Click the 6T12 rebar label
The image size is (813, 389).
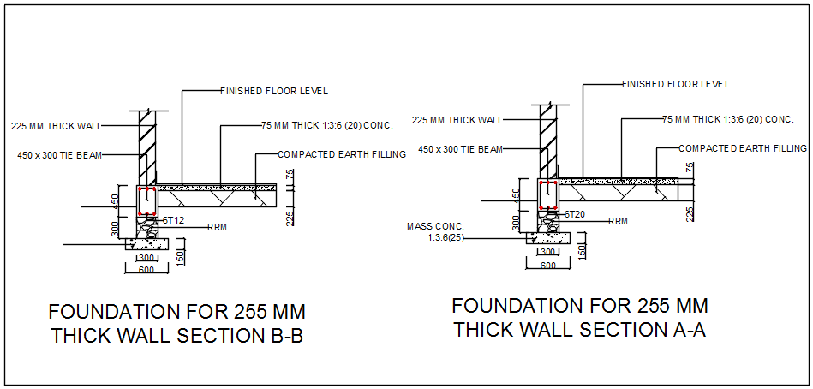tap(174, 220)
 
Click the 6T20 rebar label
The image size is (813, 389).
tap(574, 213)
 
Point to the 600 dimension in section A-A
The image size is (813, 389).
tap(548, 265)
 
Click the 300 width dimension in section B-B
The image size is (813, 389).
tap(146, 258)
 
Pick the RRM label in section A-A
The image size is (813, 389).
tap(618, 221)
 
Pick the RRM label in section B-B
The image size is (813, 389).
tap(217, 228)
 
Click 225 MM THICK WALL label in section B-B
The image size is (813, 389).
tap(57, 126)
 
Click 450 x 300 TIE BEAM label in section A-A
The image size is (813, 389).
tap(460, 150)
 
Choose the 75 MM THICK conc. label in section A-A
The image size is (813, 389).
tap(731, 119)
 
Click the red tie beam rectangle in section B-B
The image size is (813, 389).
tap(147, 200)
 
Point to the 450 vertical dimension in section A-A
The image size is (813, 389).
tap(516, 194)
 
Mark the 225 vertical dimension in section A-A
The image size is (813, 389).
tap(690, 213)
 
